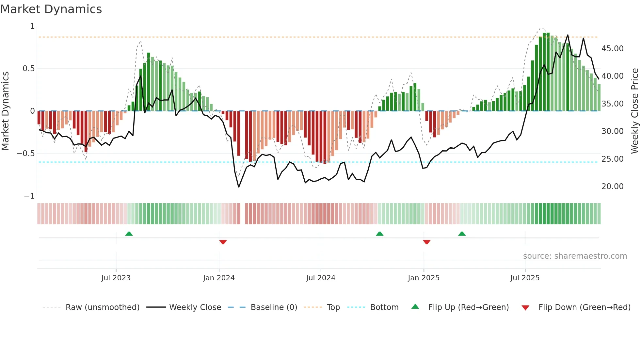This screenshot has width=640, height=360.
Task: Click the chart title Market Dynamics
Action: [51, 9]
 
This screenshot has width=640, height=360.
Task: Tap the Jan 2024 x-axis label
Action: [219, 278]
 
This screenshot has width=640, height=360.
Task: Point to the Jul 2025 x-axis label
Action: [525, 278]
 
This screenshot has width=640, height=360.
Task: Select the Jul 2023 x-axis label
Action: [116, 278]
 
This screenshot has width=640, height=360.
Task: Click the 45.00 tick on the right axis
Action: [612, 49]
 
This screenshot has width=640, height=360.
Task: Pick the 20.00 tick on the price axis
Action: [612, 187]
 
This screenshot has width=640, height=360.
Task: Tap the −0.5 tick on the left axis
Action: [26, 154]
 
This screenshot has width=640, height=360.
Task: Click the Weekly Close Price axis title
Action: [634, 111]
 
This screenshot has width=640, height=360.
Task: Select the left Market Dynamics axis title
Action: [5, 111]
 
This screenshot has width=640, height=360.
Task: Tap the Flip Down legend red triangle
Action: [525, 308]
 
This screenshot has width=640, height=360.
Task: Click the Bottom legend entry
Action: [384, 307]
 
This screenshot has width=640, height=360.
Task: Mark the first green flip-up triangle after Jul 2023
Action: [129, 234]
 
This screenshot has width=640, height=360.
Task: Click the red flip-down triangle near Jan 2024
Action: [223, 242]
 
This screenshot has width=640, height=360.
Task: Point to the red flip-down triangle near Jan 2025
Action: [426, 242]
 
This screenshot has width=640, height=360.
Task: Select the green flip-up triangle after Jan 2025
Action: [462, 234]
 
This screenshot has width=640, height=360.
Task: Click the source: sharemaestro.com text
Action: [575, 256]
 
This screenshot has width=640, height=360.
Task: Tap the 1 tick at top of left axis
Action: [32, 26]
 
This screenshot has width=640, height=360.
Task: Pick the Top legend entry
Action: [333, 307]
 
